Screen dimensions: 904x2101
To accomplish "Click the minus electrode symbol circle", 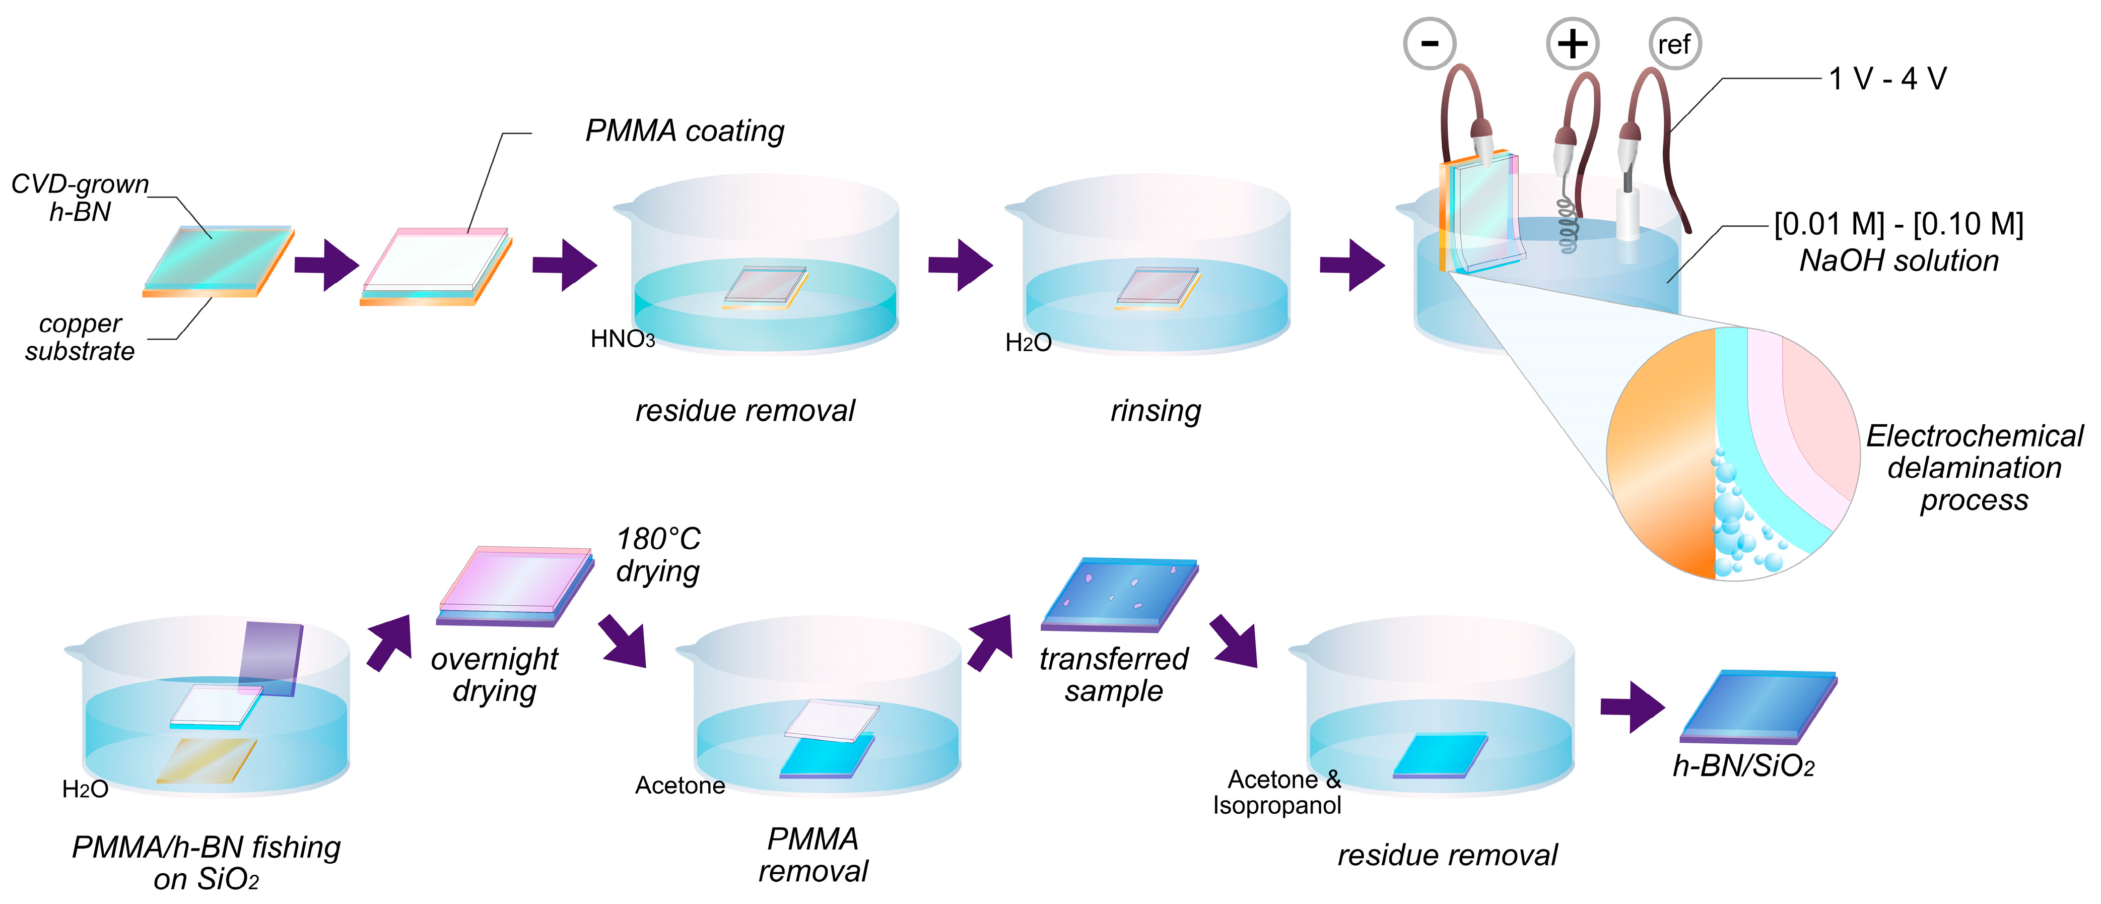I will pos(1429,43).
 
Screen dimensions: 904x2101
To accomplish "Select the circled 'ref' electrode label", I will pos(1674,44).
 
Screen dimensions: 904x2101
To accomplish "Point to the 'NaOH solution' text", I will pos(1899,261).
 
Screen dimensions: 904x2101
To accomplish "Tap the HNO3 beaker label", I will pos(622,339).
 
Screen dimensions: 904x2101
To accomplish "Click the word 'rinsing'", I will pos(1155,410).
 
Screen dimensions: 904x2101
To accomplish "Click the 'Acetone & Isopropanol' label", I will pos(1277,792).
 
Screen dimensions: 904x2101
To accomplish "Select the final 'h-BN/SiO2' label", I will pos(1743,766).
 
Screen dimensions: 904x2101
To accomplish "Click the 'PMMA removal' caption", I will pos(813,854).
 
